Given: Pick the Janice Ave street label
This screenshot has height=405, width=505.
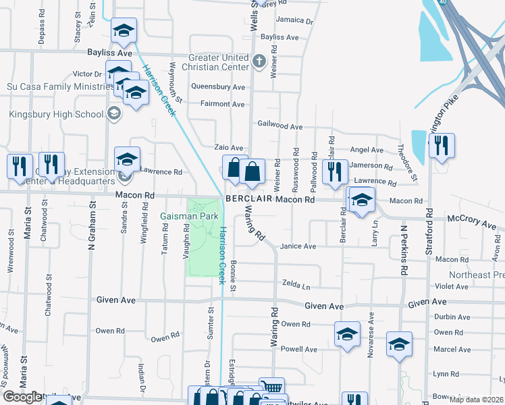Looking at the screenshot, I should tap(298, 246).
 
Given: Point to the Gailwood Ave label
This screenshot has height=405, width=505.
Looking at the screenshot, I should tap(280, 126).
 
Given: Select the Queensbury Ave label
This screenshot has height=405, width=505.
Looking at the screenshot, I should tap(217, 87).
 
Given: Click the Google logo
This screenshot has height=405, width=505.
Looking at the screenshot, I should tap(22, 397).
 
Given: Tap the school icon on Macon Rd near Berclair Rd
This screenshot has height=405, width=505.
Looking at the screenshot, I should tap(362, 200).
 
